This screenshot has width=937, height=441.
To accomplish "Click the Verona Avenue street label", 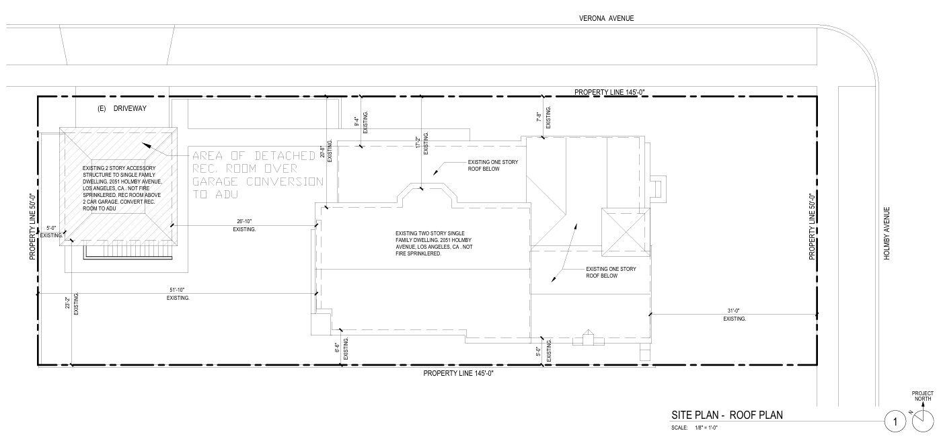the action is pos(606,18).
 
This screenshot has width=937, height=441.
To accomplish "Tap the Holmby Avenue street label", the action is pos(887,233).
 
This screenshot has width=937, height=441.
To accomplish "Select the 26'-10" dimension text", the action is pos(244,222).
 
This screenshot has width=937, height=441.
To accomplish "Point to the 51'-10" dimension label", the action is pos(177,290).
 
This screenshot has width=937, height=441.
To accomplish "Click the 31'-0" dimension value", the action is pos(734,311).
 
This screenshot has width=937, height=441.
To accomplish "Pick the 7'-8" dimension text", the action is pos(539,117).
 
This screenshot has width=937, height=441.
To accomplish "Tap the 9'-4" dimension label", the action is pos(357,122).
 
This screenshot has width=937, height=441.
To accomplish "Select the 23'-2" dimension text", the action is pos(67,303).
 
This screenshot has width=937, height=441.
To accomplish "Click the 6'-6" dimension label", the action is pos(337,348).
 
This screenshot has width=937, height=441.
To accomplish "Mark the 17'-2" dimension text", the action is pos(417,143).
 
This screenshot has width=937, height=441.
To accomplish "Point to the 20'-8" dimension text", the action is pos(322,152).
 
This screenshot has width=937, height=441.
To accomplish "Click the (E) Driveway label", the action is pos(122,109).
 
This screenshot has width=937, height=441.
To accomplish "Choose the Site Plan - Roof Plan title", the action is pos(727,415).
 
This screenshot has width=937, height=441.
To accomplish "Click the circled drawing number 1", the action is pos(895,422).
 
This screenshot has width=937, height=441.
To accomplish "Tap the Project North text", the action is pos(922,396).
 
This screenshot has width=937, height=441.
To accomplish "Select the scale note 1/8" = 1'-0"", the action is pos(706,428).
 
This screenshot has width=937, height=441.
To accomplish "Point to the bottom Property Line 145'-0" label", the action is pos(459,373).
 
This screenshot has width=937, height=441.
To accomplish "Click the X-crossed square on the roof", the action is pos(626,231).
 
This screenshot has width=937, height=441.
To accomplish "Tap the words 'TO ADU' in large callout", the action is pos(215,194).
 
